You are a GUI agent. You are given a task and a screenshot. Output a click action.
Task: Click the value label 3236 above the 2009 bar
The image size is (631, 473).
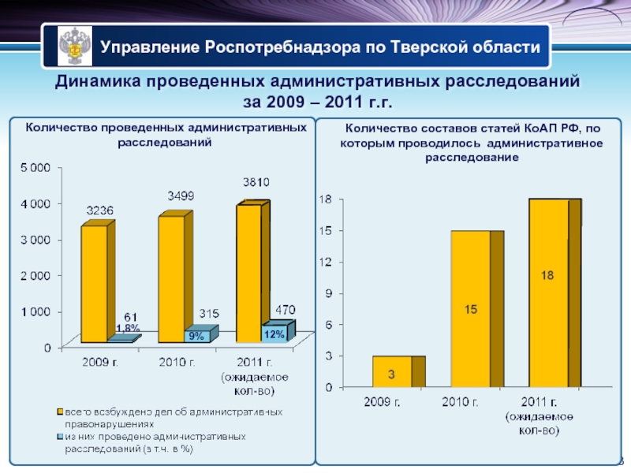[x=100, y=210]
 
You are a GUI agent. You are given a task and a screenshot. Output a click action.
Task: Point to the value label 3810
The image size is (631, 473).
[x=256, y=181]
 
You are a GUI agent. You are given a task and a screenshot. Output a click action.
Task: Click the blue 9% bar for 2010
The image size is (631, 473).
[x=196, y=337]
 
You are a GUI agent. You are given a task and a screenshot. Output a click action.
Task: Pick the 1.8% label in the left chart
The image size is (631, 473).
[x=128, y=328]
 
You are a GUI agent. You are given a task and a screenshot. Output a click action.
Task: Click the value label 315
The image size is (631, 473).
[x=208, y=314]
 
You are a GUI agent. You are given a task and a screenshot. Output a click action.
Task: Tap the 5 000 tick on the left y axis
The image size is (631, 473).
[x=36, y=167]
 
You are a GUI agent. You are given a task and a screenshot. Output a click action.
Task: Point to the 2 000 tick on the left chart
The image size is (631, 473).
[x=36, y=275]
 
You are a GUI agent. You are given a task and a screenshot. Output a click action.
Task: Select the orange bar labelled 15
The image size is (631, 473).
[x=470, y=310]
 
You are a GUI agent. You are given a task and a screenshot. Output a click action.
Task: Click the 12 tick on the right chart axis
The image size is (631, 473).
[x=325, y=262]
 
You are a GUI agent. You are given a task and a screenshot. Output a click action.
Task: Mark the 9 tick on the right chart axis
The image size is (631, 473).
[x=327, y=293]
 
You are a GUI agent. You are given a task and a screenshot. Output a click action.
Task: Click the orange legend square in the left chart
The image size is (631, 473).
[x=59, y=411]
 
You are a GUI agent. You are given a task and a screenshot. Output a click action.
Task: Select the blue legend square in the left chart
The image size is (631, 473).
[x=59, y=436]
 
